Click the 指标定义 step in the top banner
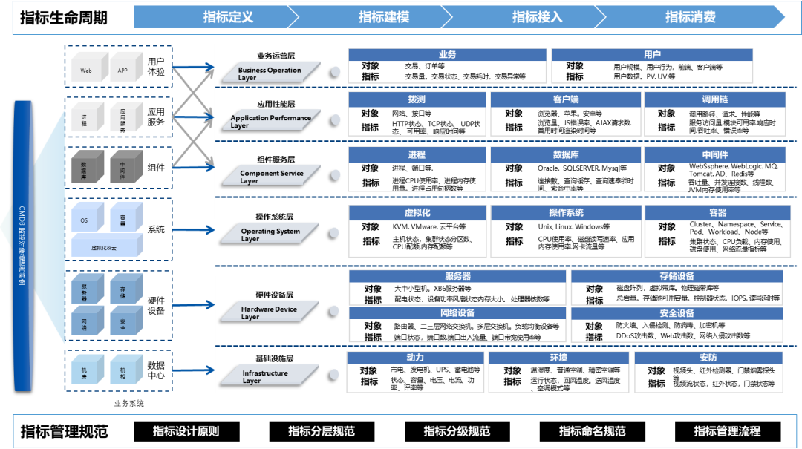click(x=228, y=17)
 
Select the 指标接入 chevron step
click(x=537, y=17)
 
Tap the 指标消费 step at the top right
click(x=690, y=17)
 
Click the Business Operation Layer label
click(x=270, y=73)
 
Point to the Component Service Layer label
click(x=271, y=176)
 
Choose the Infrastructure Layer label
click(x=266, y=376)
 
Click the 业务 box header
click(x=447, y=55)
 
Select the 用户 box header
click(x=652, y=55)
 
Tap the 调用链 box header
click(x=714, y=99)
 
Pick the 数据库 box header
click(x=565, y=155)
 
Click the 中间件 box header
click(x=714, y=155)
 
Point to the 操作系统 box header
click(x=566, y=213)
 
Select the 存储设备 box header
click(x=677, y=277)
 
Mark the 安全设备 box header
click(x=677, y=314)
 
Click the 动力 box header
click(x=415, y=358)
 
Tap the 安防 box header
click(x=708, y=358)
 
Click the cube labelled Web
click(x=86, y=69)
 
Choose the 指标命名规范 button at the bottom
click(x=592, y=431)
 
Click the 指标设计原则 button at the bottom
click(x=186, y=431)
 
